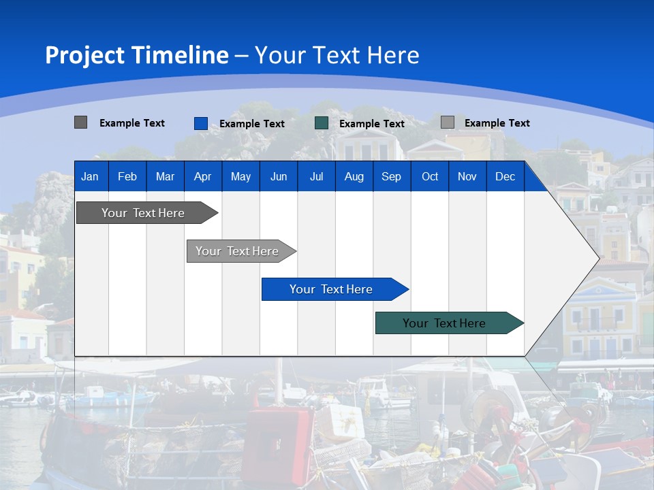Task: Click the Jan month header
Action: (x=90, y=176)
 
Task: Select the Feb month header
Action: (x=127, y=176)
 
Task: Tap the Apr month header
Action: (x=202, y=176)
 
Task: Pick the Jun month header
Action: (x=279, y=176)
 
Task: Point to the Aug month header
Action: (x=354, y=176)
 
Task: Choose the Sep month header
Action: (x=391, y=176)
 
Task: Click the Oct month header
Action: (x=430, y=176)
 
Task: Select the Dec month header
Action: (x=505, y=176)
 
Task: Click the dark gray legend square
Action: (x=80, y=122)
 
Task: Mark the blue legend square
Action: (x=201, y=123)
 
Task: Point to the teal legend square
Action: (x=322, y=123)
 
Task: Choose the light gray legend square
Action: (x=448, y=122)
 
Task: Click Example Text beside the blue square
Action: (x=252, y=124)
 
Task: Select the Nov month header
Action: (x=467, y=176)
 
